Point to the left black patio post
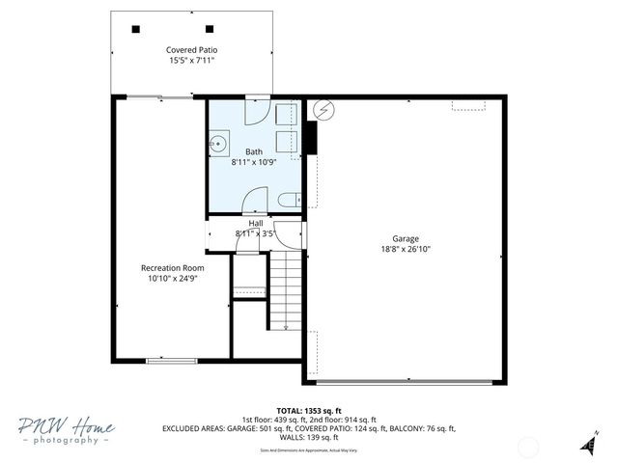pos(135,28)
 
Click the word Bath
pos(253,151)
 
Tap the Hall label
pos(255,224)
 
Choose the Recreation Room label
pos(172,267)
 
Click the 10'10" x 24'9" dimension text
pos(172,279)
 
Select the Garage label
pos(406,238)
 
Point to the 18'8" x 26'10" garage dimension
pos(406,249)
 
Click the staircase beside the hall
pos(286,289)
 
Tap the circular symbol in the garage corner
pos(323,110)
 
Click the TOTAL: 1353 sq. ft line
pos(309,410)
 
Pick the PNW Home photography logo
pos(66,430)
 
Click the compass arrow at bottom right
pos(587,443)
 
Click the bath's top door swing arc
pos(256,111)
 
